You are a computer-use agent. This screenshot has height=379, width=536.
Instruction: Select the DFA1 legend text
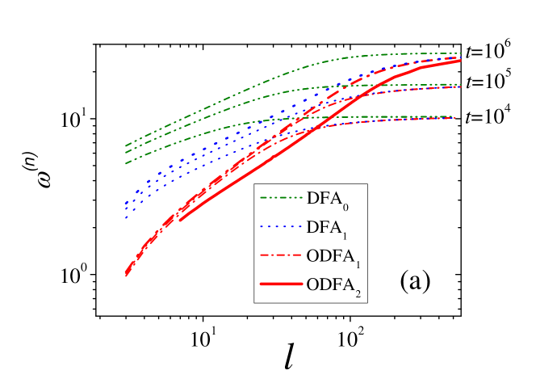point(327,228)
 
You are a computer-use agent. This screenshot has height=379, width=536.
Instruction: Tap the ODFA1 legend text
point(333,257)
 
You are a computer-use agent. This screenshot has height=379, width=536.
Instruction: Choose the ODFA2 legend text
point(333,286)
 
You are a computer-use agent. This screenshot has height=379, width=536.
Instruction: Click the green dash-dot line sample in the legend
point(280,197)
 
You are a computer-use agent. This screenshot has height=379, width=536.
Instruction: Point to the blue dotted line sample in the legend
point(280,226)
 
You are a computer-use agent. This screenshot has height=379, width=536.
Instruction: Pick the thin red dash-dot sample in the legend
point(280,255)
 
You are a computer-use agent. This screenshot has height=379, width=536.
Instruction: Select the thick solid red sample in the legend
point(280,284)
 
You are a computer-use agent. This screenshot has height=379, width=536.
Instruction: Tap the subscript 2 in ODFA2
point(358,294)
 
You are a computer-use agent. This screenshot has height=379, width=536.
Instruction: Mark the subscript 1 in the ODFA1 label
point(358,265)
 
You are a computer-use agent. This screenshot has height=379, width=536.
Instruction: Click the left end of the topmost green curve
point(127,145)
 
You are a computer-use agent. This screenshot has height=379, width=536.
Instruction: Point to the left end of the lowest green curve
point(127,163)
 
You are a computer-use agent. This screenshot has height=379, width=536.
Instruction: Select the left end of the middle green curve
point(127,154)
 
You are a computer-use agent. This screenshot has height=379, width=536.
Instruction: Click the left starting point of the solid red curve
point(179,219)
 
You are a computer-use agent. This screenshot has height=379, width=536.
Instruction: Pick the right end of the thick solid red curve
point(460,61)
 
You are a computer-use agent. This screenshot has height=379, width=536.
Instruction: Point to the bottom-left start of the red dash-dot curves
point(126,275)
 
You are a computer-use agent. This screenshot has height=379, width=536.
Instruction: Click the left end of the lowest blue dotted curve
point(126,217)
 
